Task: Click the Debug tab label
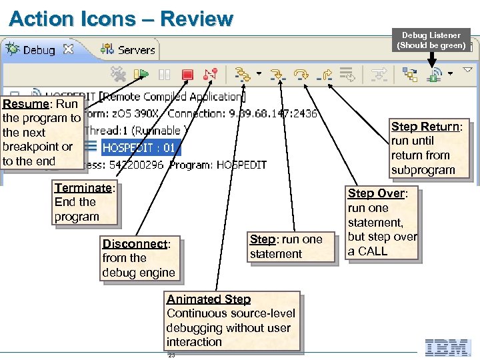39,50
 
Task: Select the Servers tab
136,50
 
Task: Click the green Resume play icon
141,73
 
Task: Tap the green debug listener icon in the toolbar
433,74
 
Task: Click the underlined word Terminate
83,188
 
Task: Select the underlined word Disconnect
134,244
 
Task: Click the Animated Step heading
208,299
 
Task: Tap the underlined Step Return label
425,127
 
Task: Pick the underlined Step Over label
375,193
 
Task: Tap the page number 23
171,355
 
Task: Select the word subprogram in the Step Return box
423,170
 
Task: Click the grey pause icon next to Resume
165,74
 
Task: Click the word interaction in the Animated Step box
194,342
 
